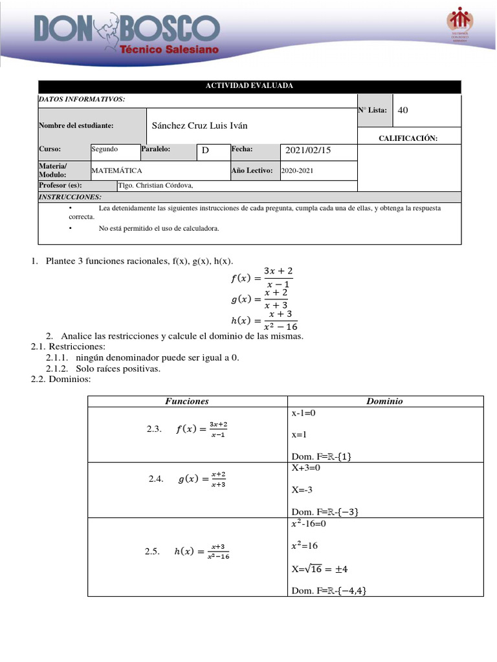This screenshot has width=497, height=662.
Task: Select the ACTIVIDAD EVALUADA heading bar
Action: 250,86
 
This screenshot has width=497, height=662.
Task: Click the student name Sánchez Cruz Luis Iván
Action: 199,125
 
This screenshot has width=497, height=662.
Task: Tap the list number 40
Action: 403,110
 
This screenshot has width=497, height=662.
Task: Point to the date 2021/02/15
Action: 307,150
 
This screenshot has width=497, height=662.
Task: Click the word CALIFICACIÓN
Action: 408,138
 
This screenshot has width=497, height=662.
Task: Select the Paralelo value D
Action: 205,151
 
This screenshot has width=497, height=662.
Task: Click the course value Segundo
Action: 104,149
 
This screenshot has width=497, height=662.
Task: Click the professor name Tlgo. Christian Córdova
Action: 155,186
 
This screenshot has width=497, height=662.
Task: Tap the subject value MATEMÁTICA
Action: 117,171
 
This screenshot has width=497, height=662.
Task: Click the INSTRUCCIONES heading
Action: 61,196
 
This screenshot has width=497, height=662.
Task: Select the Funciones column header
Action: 187,401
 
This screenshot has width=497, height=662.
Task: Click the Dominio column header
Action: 384,401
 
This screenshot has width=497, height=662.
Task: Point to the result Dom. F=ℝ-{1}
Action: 322,456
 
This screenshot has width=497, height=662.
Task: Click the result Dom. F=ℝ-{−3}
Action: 325,511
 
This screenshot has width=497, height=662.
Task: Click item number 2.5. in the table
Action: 152,551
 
